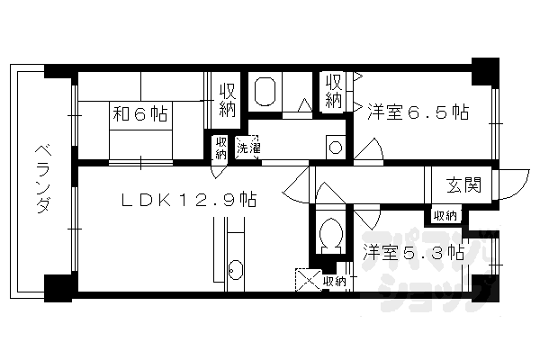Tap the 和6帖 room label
[139, 114]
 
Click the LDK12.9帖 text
[188, 199]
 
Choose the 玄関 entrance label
[463, 185]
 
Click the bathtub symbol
[265, 93]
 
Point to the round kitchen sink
[235, 268]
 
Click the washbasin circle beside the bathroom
[333, 146]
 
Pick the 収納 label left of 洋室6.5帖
[333, 90]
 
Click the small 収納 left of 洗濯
[220, 148]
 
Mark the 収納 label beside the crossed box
[334, 282]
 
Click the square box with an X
[307, 280]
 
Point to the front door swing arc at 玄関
[504, 188]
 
